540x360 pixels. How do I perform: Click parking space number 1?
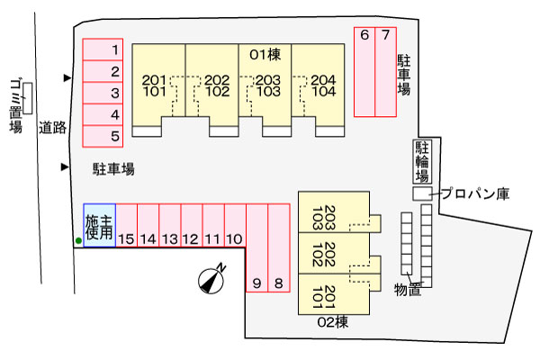(103, 49)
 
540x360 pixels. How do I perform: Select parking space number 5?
(103, 137)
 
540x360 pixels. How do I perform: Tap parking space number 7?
(385, 72)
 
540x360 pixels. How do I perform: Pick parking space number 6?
(364, 72)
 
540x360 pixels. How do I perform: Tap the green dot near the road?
(78, 240)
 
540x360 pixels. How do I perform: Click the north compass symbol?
(211, 281)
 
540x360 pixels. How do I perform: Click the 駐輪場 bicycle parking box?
(421, 161)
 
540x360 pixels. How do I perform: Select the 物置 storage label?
(409, 289)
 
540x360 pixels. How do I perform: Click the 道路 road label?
(53, 128)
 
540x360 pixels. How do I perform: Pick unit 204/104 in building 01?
(323, 85)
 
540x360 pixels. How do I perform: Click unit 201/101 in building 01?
(154, 85)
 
